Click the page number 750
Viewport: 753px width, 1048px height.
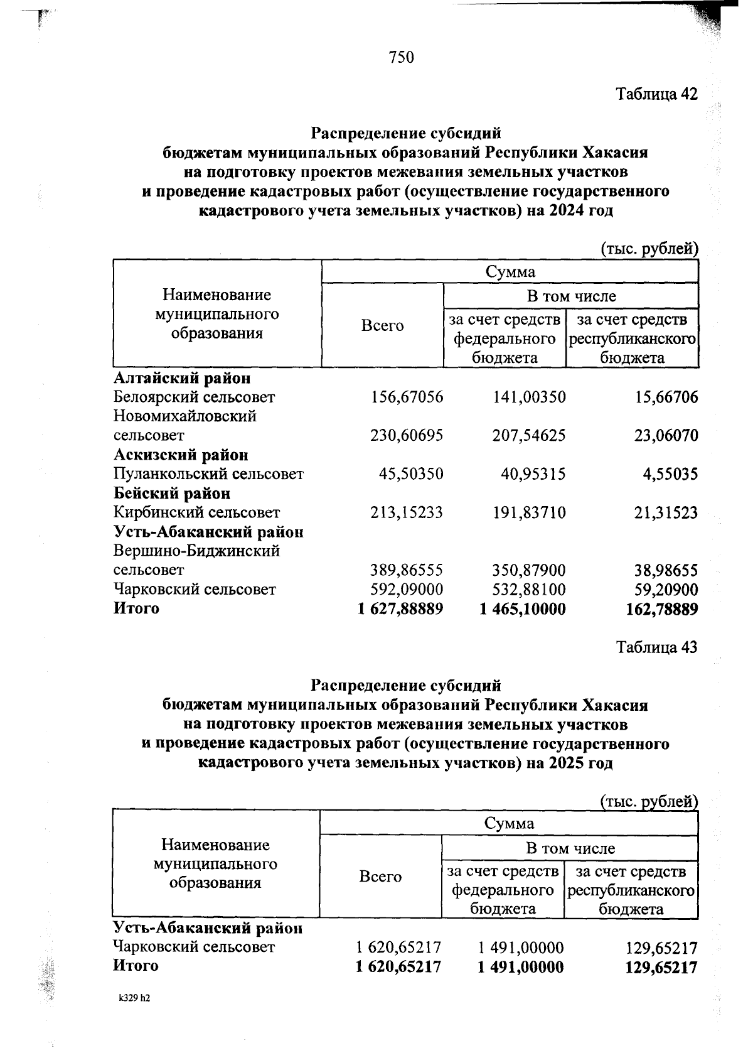[x=402, y=58]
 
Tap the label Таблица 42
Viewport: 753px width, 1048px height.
[x=656, y=94]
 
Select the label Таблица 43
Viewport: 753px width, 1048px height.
[x=656, y=647]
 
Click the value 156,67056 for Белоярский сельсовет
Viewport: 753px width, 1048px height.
[x=407, y=397]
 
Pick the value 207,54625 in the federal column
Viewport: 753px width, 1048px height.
[x=529, y=436]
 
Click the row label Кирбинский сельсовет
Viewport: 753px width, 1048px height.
[x=196, y=513]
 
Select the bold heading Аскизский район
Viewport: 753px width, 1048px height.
[x=181, y=455]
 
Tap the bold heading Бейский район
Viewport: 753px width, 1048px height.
[x=171, y=494]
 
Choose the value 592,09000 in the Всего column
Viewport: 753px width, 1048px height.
[x=407, y=590]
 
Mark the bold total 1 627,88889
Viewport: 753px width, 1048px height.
[x=400, y=609]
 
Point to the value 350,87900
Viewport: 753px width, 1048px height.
[x=529, y=570]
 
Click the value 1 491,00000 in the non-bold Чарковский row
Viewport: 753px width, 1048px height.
[x=521, y=947]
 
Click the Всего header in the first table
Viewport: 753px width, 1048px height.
[x=382, y=326]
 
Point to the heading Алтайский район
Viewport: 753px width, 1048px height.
[x=182, y=378]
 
